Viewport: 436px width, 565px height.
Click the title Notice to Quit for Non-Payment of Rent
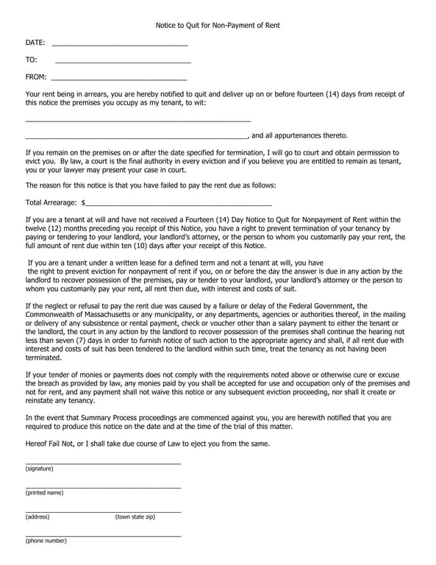pyautogui.click(x=218, y=25)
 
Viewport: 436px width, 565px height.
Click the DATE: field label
pyautogui.click(x=35, y=43)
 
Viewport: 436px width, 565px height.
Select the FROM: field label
pyautogui.click(x=36, y=77)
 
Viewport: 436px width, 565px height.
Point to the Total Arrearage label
pyautogui.click(x=51, y=202)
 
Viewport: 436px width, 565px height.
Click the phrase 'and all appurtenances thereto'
pyautogui.click(x=300, y=135)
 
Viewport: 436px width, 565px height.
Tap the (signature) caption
pyautogui.click(x=39, y=469)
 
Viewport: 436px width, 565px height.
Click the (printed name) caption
pyautogui.click(x=44, y=493)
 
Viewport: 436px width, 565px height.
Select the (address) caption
pyautogui.click(x=37, y=517)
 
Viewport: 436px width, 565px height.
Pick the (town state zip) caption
pyautogui.click(x=135, y=517)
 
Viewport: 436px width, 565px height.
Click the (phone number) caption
pyautogui.click(x=46, y=541)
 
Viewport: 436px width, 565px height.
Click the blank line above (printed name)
pyautogui.click(x=103, y=487)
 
